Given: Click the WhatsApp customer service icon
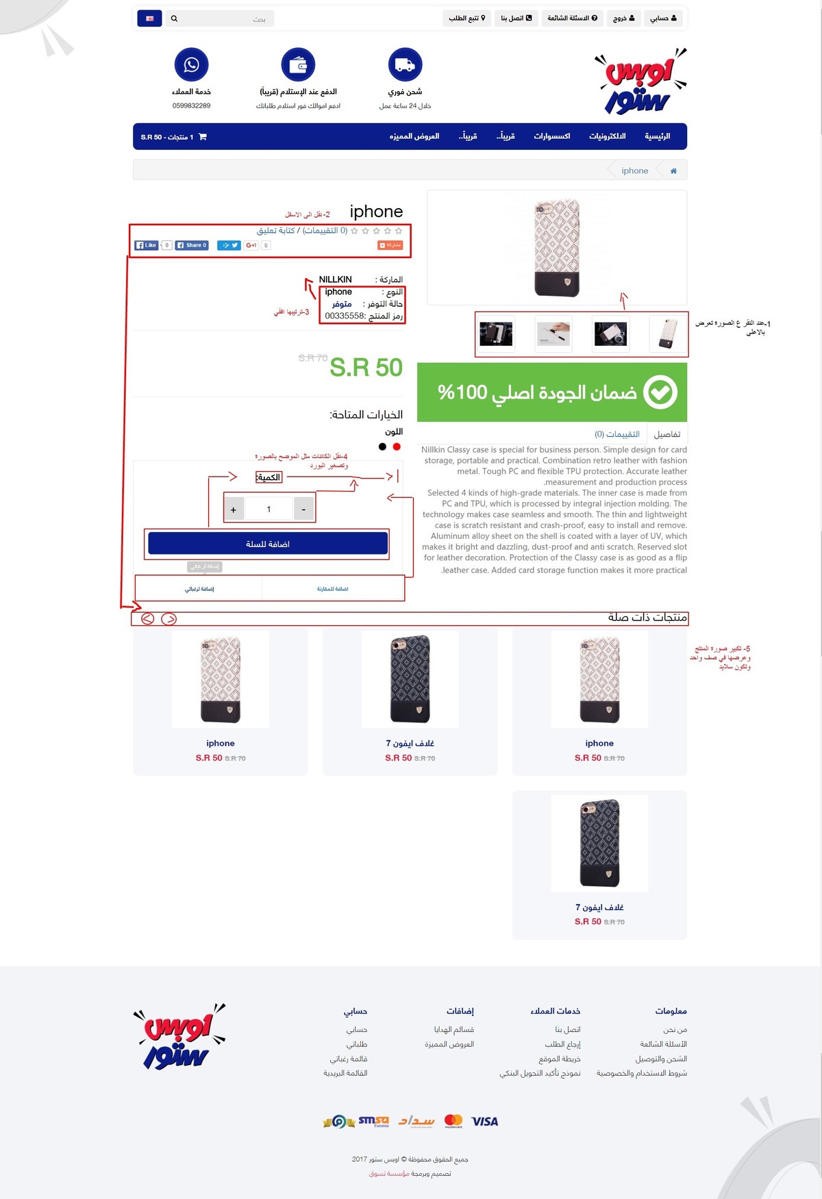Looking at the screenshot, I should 191,64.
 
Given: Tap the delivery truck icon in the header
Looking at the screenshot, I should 405,64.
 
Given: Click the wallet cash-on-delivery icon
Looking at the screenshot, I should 298,64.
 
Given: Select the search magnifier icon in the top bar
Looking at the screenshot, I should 174,18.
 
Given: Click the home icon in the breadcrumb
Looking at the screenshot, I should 673,171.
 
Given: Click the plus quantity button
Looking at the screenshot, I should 234,509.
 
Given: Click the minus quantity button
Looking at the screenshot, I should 303,509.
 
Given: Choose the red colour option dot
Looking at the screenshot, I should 397,446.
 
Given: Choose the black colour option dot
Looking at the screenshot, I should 382,446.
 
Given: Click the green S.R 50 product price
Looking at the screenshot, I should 366,368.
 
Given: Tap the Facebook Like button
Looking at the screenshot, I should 147,245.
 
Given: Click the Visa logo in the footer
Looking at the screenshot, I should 484,1121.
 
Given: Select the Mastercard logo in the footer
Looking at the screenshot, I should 453,1120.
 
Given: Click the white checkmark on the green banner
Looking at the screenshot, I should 660,392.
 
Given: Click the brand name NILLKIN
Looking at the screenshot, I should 335,279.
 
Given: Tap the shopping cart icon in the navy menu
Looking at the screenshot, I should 202,137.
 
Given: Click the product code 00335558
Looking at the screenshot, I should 345,316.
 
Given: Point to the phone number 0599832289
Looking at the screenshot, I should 191,106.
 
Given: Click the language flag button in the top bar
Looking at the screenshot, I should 149,18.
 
